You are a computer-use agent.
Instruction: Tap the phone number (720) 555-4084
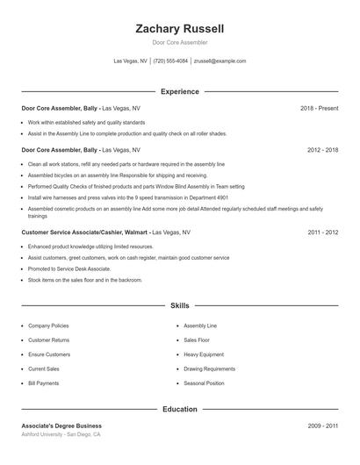pyautogui.click(x=170, y=61)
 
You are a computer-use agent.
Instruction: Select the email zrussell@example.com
pyautogui.click(x=220, y=61)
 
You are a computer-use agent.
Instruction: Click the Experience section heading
pyautogui.click(x=180, y=91)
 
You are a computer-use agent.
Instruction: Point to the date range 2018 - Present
pyautogui.click(x=319, y=108)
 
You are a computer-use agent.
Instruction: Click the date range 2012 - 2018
pyautogui.click(x=323, y=150)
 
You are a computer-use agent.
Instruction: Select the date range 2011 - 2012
pyautogui.click(x=323, y=232)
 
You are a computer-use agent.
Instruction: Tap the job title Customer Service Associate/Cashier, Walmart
pyautogui.click(x=85, y=232)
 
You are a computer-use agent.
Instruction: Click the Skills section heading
pyautogui.click(x=180, y=305)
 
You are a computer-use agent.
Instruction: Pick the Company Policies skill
pyautogui.click(x=48, y=325)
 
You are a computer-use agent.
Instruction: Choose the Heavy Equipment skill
pyautogui.click(x=204, y=354)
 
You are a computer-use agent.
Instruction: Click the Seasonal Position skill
pyautogui.click(x=204, y=383)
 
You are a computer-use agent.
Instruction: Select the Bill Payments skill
pyautogui.click(x=44, y=383)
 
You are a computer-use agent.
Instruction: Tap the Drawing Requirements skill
pyautogui.click(x=209, y=368)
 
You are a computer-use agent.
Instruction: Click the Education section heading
pyautogui.click(x=180, y=409)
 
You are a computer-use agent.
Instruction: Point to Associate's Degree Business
pyautogui.click(x=61, y=426)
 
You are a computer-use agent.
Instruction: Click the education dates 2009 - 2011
pyautogui.click(x=323, y=426)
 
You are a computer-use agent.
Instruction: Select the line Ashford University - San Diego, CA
pyautogui.click(x=61, y=435)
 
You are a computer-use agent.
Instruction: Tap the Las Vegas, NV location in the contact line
pyautogui.click(x=131, y=61)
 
